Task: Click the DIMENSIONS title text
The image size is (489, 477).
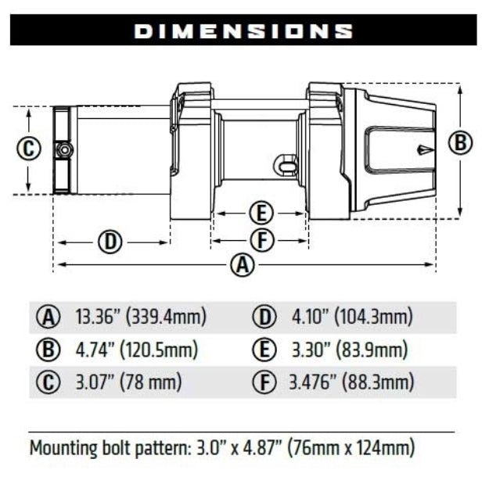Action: [x=243, y=30]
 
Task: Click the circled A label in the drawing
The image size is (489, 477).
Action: [x=244, y=265]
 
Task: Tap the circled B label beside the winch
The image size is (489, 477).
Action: [x=460, y=143]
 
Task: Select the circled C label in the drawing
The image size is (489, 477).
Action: [x=28, y=149]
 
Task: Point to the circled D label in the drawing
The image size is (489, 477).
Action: [x=110, y=242]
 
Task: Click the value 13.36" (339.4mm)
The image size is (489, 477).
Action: [x=141, y=317]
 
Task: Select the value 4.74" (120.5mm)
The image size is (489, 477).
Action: [x=136, y=350]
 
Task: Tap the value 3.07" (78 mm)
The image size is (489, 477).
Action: [x=128, y=382]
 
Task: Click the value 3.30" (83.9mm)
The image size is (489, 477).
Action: [x=349, y=350]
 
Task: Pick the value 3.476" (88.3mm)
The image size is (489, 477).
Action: [x=351, y=382]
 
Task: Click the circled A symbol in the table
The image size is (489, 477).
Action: [x=49, y=317]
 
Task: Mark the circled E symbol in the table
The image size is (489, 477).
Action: [x=264, y=350]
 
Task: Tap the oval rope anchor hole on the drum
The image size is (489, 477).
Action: [x=288, y=165]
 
